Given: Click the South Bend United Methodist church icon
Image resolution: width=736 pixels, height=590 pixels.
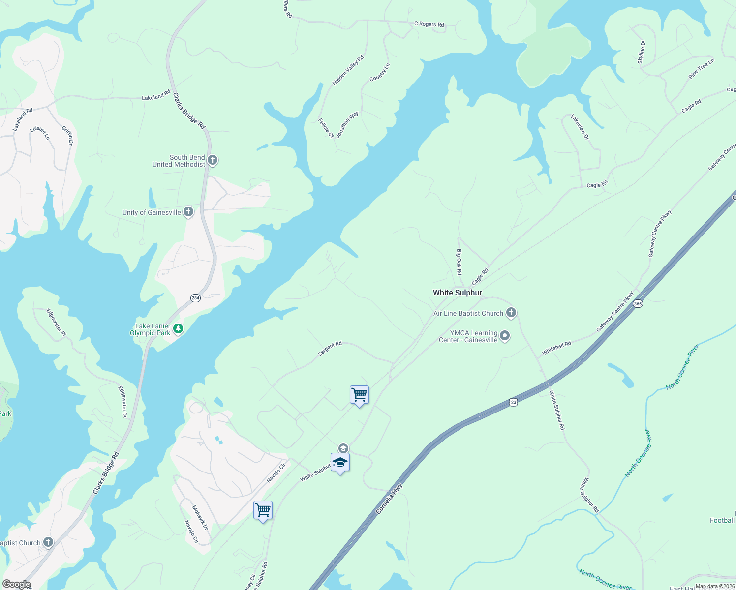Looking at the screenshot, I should tap(213, 160).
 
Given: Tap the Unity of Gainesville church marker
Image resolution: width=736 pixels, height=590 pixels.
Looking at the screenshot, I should tap(188, 212).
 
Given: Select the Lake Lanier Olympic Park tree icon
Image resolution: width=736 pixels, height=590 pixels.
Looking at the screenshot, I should tap(178, 329).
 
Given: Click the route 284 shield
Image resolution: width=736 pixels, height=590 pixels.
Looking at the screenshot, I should tap(195, 298).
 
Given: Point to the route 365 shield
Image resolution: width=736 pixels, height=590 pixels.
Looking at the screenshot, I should tap(638, 303).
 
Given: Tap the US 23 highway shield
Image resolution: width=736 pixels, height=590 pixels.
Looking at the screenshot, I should tap(514, 402).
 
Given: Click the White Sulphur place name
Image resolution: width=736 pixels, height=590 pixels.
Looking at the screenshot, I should tap(457, 293).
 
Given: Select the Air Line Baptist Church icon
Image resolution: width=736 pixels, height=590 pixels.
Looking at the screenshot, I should tap(511, 313).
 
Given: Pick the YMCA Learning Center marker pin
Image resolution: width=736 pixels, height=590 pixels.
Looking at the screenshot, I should tap(505, 336).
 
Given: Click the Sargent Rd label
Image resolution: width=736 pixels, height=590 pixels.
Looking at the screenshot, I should tap(330, 349).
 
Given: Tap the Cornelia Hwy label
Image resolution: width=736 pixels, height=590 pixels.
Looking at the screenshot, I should tap(389, 499).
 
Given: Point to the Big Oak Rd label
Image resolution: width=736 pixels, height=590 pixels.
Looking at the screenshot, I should tap(459, 262).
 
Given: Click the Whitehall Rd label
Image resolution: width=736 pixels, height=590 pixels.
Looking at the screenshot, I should tap(556, 348).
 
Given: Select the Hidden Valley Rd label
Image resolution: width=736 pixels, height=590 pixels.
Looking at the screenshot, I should tap(348, 70).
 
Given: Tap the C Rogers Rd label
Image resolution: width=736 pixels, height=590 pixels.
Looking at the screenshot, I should tap(429, 24).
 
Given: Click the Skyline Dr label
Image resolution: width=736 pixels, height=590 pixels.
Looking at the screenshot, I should tap(642, 52).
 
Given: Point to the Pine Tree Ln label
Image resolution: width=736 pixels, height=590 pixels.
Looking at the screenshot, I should tap(701, 69).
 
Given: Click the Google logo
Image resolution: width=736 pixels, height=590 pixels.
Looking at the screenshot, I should tap(16, 584).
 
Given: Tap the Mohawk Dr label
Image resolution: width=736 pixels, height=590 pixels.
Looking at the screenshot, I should tap(200, 517).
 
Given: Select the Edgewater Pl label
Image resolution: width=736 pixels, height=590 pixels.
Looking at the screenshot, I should tap(56, 323).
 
